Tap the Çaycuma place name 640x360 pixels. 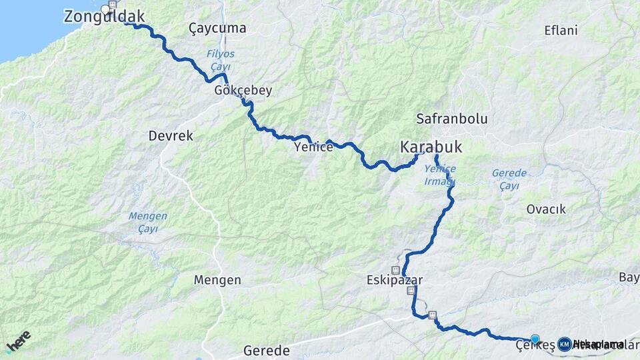(x=217, y=29)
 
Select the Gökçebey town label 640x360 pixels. (x=243, y=91)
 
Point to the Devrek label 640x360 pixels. (x=171, y=136)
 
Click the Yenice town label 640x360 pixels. (x=313, y=147)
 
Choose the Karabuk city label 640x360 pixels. (x=431, y=147)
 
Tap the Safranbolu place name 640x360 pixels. (x=452, y=119)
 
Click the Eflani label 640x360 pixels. (x=561, y=31)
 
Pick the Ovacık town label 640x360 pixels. (x=546, y=209)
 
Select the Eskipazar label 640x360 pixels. (x=394, y=281)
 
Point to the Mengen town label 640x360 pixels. (x=217, y=280)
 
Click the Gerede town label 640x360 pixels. (x=267, y=351)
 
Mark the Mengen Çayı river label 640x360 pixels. (x=147, y=223)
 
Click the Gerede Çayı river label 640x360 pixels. (x=509, y=179)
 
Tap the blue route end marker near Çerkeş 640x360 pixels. (x=535, y=339)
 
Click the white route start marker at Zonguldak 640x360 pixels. (x=105, y=9)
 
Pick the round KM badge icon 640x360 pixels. (x=564, y=344)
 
